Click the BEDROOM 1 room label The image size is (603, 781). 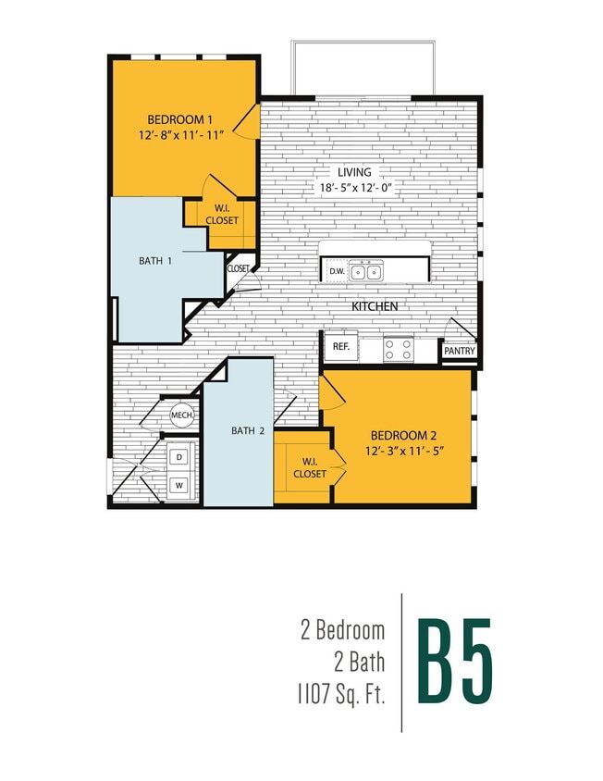181,119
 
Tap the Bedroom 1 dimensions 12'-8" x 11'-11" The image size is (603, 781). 181,135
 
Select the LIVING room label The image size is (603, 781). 354,172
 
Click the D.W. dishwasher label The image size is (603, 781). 336,271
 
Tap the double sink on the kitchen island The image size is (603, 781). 365,271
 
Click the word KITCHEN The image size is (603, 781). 375,306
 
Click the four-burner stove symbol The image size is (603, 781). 399,350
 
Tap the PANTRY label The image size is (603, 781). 459,351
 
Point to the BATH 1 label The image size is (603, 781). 156,261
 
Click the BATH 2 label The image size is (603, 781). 248,430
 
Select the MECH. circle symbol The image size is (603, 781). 181,416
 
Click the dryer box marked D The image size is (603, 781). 178,456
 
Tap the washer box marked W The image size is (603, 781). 178,484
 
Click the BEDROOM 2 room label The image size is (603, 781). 402,436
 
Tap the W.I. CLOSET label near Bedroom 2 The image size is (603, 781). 309,467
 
